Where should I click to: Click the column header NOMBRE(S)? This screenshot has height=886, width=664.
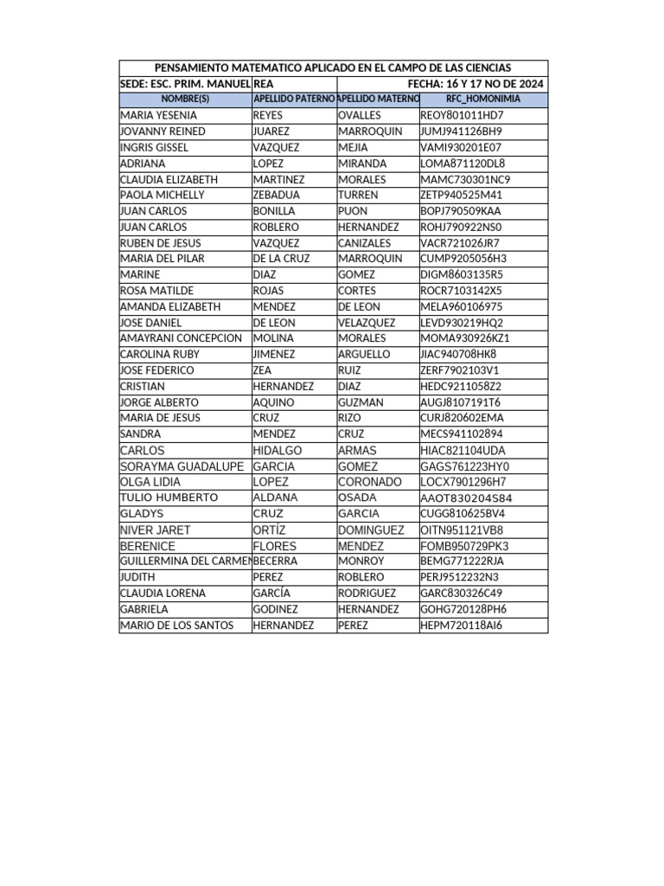tap(185, 100)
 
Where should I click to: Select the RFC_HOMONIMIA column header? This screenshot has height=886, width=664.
tap(482, 100)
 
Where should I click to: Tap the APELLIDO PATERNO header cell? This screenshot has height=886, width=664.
tap(294, 100)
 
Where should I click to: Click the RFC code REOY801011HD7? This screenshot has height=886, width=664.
tap(462, 115)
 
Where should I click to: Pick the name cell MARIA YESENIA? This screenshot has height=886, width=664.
tap(158, 115)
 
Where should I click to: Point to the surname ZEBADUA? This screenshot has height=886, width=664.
tap(276, 195)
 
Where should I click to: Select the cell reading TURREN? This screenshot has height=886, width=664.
tap(358, 195)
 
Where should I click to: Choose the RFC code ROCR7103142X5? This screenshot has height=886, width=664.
tap(461, 291)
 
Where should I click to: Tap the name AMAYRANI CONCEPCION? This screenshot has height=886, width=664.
tap(181, 338)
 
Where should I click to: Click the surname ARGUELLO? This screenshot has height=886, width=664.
tap(364, 354)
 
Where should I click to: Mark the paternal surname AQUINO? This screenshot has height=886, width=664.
tap(273, 402)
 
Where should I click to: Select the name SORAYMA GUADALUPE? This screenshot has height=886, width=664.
tap(182, 466)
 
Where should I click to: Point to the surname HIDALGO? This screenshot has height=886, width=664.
tap(277, 451)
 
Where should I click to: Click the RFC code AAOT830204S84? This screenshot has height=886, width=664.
tap(466, 498)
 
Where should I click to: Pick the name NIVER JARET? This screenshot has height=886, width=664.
tap(155, 530)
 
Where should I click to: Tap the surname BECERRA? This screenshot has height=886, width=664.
tap(275, 562)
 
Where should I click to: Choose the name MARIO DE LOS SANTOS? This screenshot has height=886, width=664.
tap(176, 626)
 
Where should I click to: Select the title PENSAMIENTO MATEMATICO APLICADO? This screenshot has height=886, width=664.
tap(332, 67)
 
